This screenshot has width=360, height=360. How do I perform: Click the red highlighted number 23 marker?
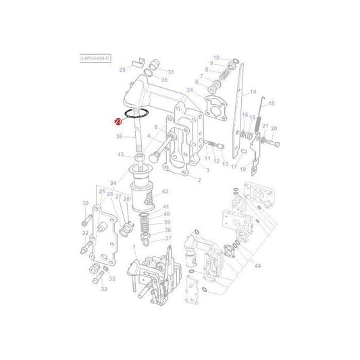[x=118, y=122]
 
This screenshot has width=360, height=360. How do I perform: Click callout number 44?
[x=257, y=247]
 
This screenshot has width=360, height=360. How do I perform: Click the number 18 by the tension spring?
[x=272, y=103]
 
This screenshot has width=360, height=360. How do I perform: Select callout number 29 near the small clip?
[x=122, y=70]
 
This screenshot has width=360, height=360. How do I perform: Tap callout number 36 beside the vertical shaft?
[x=119, y=136]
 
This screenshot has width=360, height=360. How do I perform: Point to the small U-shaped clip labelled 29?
[x=140, y=65]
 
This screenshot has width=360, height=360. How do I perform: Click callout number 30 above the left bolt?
[x=85, y=203]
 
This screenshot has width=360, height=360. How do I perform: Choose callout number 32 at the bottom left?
[x=104, y=288]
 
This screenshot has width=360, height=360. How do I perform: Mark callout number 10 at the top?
[x=216, y=57]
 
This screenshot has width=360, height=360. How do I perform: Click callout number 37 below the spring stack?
[x=168, y=238]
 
